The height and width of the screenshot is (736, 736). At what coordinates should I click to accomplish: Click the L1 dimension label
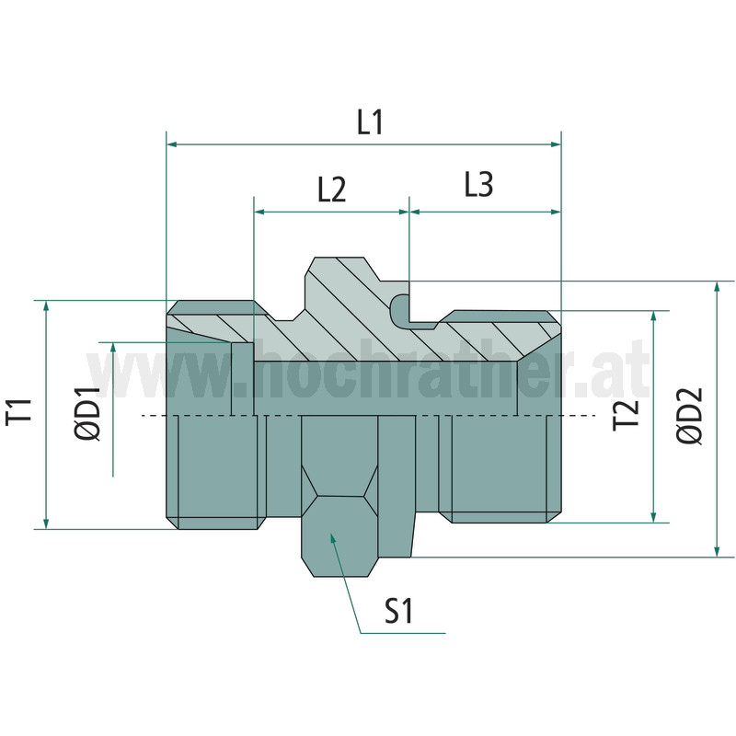coord(371,122)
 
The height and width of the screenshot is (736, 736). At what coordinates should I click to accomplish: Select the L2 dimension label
coord(332,190)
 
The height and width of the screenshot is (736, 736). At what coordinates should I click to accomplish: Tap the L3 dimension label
coord(478,184)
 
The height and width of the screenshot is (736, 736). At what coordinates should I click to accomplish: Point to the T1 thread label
coord(19,411)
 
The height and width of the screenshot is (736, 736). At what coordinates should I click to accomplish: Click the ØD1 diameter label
coord(87,413)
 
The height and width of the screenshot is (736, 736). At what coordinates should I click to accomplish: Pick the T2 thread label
coord(627,415)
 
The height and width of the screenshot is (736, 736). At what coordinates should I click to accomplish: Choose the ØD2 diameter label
coord(690,416)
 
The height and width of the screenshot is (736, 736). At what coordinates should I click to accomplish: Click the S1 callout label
coord(398,611)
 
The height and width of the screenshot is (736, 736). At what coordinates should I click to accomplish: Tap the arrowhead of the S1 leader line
coord(332,538)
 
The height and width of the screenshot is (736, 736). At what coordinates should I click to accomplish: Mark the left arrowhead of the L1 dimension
coord(172,144)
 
